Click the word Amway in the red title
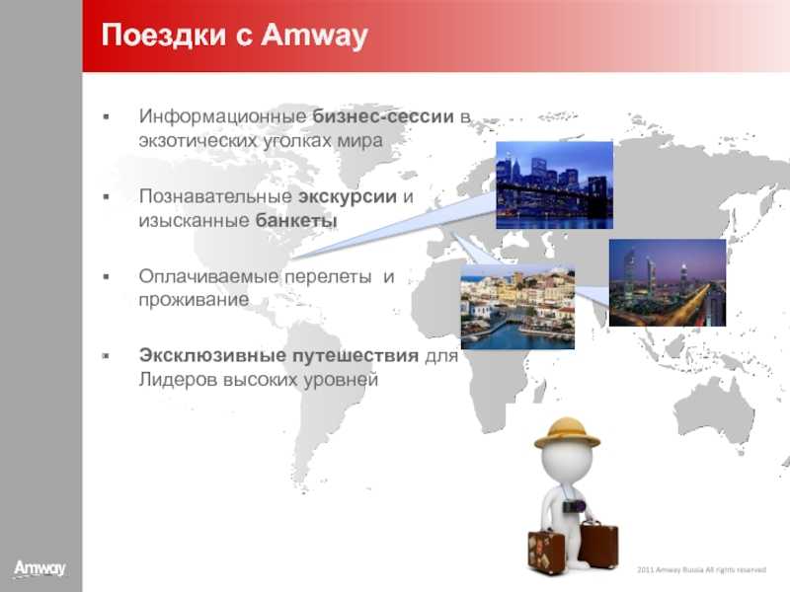(x=314, y=36)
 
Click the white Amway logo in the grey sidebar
(x=39, y=569)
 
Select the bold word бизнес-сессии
(x=383, y=116)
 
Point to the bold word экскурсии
(x=348, y=196)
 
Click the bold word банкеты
(x=296, y=220)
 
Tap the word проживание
(x=194, y=301)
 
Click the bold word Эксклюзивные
(x=212, y=355)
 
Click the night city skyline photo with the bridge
(x=554, y=185)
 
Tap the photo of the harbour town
(x=517, y=307)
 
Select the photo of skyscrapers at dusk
(x=668, y=282)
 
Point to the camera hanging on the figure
(x=574, y=506)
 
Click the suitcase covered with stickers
(x=546, y=552)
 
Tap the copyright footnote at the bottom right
(x=701, y=570)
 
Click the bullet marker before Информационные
(x=107, y=116)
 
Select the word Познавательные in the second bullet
(x=215, y=196)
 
